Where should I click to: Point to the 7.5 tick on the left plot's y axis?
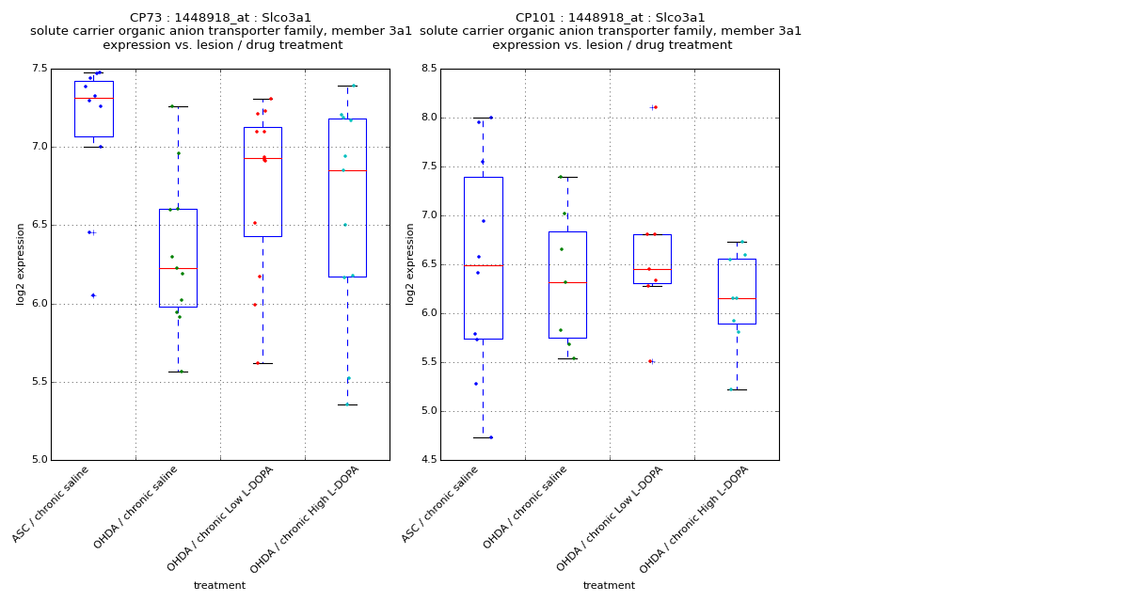pos(40,69)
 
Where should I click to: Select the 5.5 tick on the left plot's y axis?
pos(40,382)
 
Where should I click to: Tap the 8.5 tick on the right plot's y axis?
pos(429,69)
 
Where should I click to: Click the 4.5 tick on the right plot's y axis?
pos(429,460)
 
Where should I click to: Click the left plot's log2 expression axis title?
pos(21,264)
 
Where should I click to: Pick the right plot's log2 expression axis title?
pos(410,264)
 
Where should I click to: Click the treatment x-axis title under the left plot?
pos(219,586)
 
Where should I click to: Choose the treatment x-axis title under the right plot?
pos(609,586)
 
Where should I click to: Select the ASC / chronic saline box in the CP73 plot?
pos(93,108)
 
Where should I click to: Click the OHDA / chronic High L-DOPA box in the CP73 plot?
pos(347,198)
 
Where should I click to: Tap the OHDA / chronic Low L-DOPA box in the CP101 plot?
pos(652,259)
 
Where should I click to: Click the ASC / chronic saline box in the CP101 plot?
pos(483,258)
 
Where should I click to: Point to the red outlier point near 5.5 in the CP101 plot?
pos(649,361)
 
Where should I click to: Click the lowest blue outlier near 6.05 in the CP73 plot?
pos(92,295)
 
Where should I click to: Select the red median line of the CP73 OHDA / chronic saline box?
pos(178,269)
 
